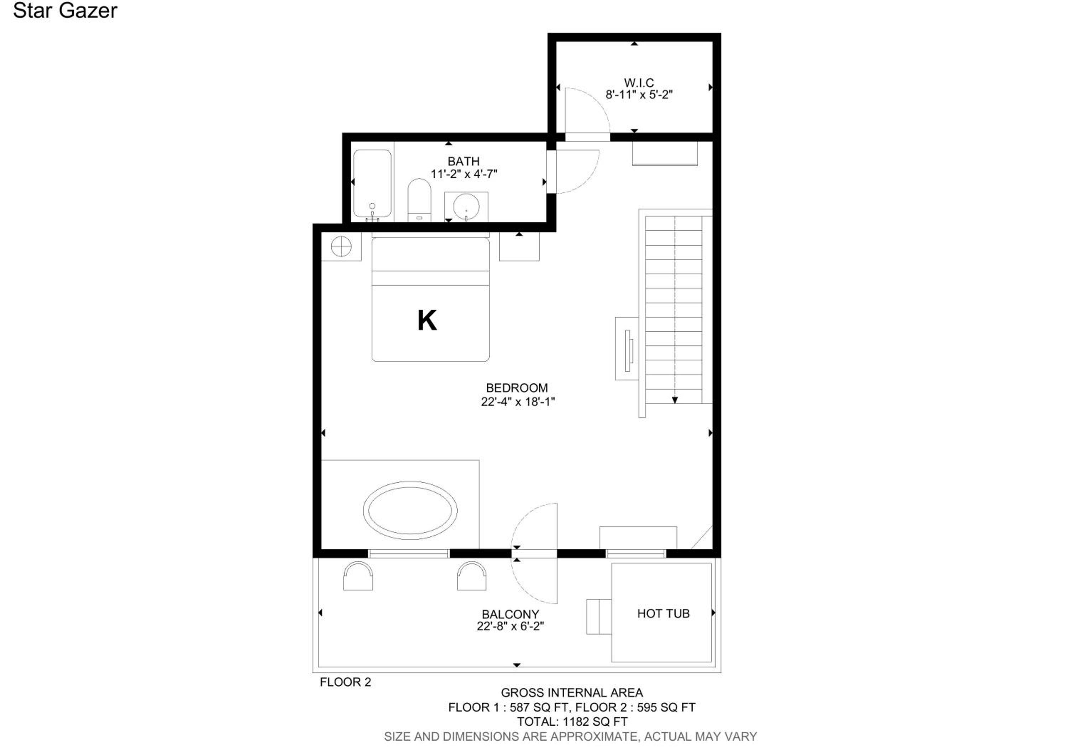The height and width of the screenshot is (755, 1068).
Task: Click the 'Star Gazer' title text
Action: tap(65, 11)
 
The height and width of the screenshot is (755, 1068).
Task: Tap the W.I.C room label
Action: tap(639, 83)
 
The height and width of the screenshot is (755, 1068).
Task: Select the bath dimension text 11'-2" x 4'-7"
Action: tap(464, 174)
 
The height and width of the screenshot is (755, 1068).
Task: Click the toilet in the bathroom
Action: tap(419, 201)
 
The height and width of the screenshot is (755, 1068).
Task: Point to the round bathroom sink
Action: tap(466, 207)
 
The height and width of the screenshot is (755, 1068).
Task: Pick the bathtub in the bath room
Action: tap(372, 183)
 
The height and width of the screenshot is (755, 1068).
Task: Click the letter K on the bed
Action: tap(427, 321)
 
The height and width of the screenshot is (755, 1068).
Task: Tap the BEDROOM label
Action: tap(517, 388)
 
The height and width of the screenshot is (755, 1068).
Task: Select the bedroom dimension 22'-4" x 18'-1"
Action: tap(518, 401)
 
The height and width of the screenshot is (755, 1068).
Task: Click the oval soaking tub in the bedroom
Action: tap(410, 511)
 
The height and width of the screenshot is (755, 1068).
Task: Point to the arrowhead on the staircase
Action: tap(675, 400)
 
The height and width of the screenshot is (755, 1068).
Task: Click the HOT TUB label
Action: tap(663, 614)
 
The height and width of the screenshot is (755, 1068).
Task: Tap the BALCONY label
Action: tap(510, 615)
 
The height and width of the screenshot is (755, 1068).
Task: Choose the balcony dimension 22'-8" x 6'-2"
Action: tap(510, 626)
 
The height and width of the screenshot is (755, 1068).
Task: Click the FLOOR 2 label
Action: tap(346, 682)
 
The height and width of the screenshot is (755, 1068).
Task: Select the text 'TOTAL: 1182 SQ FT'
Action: tap(572, 722)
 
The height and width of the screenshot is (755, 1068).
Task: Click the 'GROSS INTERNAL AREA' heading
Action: tap(572, 693)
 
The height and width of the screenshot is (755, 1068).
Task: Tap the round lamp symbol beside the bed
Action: tap(341, 246)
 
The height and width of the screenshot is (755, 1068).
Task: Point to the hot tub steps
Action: tap(599, 616)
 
